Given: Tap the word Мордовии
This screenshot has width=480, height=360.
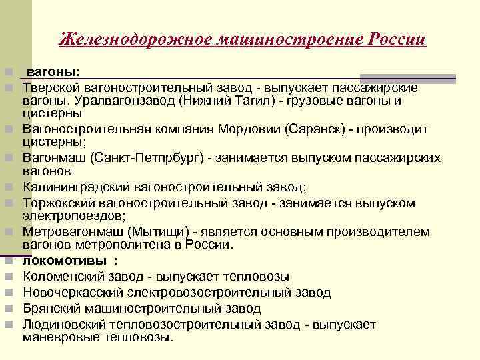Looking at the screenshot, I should point(246,129).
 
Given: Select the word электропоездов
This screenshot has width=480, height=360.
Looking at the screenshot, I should point(70,216).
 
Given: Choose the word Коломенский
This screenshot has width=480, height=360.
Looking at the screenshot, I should point(60,276).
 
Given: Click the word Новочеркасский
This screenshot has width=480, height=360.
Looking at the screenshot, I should point(69,292).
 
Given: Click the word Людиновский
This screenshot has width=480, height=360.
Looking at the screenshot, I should point(62,325).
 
